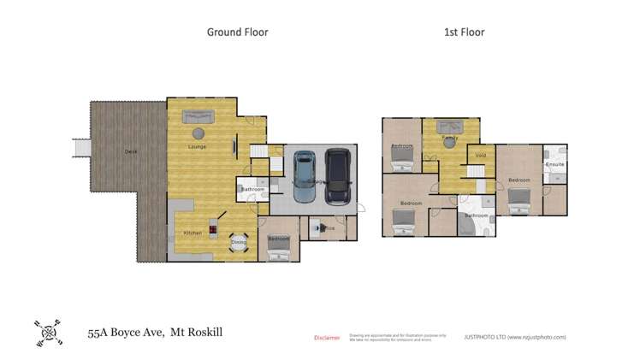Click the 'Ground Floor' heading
[x=237, y=32]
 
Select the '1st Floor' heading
[x=464, y=32]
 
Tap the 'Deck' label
[x=131, y=151]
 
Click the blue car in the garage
[x=304, y=176]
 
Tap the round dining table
[x=239, y=243]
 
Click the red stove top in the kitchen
[x=213, y=230]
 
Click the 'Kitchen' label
[x=193, y=233]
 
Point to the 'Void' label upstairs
[x=480, y=156]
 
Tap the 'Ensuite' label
[x=554, y=163]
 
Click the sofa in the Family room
[x=448, y=127]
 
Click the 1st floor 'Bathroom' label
[x=476, y=215]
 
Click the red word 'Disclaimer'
[x=327, y=338]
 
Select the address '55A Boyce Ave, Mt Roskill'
[x=155, y=332]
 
